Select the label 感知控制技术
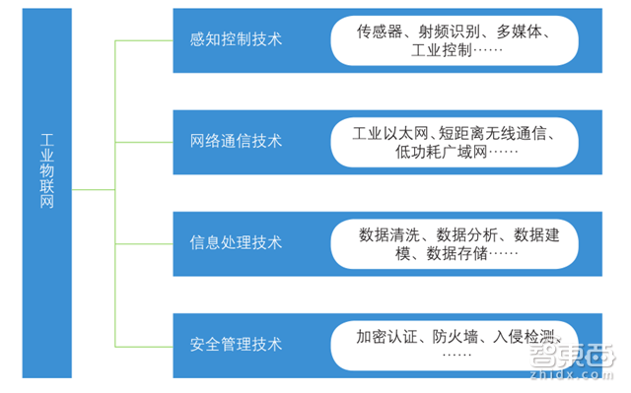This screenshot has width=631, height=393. click(236, 39)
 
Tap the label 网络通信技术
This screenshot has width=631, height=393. click(236, 140)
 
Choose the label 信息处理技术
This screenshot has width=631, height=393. click(236, 241)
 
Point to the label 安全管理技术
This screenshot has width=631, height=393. click(236, 344)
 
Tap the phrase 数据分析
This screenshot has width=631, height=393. click(467, 234)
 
